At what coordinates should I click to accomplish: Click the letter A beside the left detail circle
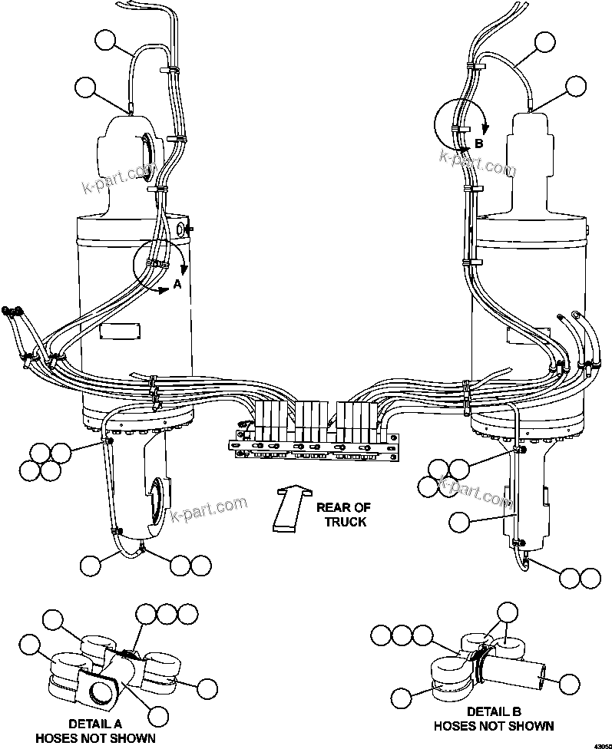(x=177, y=284)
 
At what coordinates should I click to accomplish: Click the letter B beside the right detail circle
(x=478, y=144)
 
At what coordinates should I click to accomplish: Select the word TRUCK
(x=346, y=522)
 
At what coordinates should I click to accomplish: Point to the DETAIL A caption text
(x=96, y=723)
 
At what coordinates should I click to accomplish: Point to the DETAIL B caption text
(x=493, y=711)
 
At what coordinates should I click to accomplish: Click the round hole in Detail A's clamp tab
(x=101, y=692)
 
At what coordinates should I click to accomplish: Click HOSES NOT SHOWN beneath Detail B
(x=493, y=725)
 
